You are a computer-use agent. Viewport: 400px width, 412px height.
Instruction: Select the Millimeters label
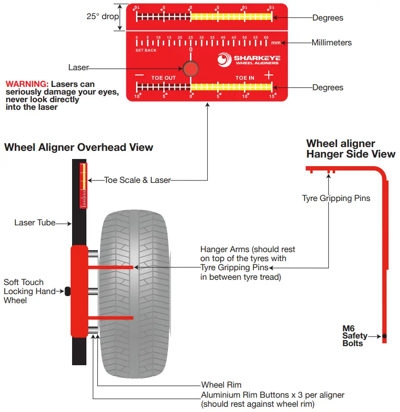tap(331, 42)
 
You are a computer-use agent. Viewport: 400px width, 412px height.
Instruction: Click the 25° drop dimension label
tap(102, 16)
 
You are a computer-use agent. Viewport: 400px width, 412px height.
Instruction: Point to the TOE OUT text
tap(164, 78)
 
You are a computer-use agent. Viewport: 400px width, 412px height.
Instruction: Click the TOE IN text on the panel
tap(245, 78)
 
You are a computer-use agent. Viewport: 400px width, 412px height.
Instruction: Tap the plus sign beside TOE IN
tap(269, 74)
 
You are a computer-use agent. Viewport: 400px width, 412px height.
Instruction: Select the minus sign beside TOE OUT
tap(139, 75)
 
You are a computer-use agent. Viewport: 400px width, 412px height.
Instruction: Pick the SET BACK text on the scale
tap(146, 50)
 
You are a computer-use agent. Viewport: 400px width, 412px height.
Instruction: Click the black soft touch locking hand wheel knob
tap(67, 290)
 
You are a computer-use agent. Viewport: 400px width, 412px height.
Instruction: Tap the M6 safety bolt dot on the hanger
tap(384, 336)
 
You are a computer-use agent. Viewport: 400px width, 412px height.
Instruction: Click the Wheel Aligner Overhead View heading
tap(79, 147)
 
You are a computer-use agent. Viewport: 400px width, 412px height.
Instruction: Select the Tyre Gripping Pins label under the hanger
tap(336, 198)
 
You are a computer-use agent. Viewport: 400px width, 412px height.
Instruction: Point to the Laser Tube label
tap(35, 222)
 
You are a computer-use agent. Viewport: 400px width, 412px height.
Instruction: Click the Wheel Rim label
tap(221, 385)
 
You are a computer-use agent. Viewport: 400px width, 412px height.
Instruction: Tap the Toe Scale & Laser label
tap(137, 180)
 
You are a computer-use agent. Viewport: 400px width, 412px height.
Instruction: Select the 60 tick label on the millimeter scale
tap(266, 37)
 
